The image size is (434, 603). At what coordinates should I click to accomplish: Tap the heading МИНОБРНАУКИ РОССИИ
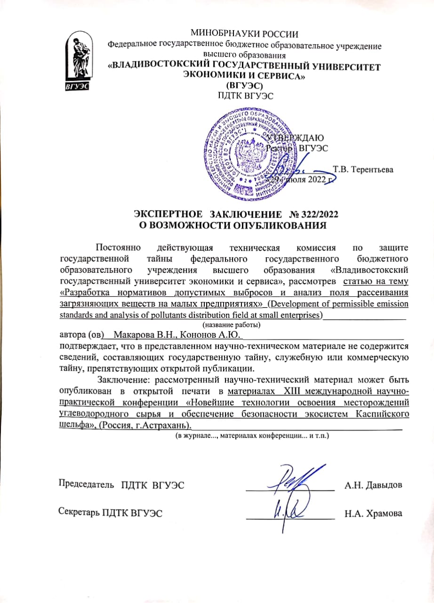[x=244, y=33]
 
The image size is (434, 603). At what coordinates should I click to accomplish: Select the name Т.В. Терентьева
[x=363, y=169]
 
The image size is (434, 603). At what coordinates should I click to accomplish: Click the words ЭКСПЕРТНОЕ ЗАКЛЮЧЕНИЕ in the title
[x=213, y=214]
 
